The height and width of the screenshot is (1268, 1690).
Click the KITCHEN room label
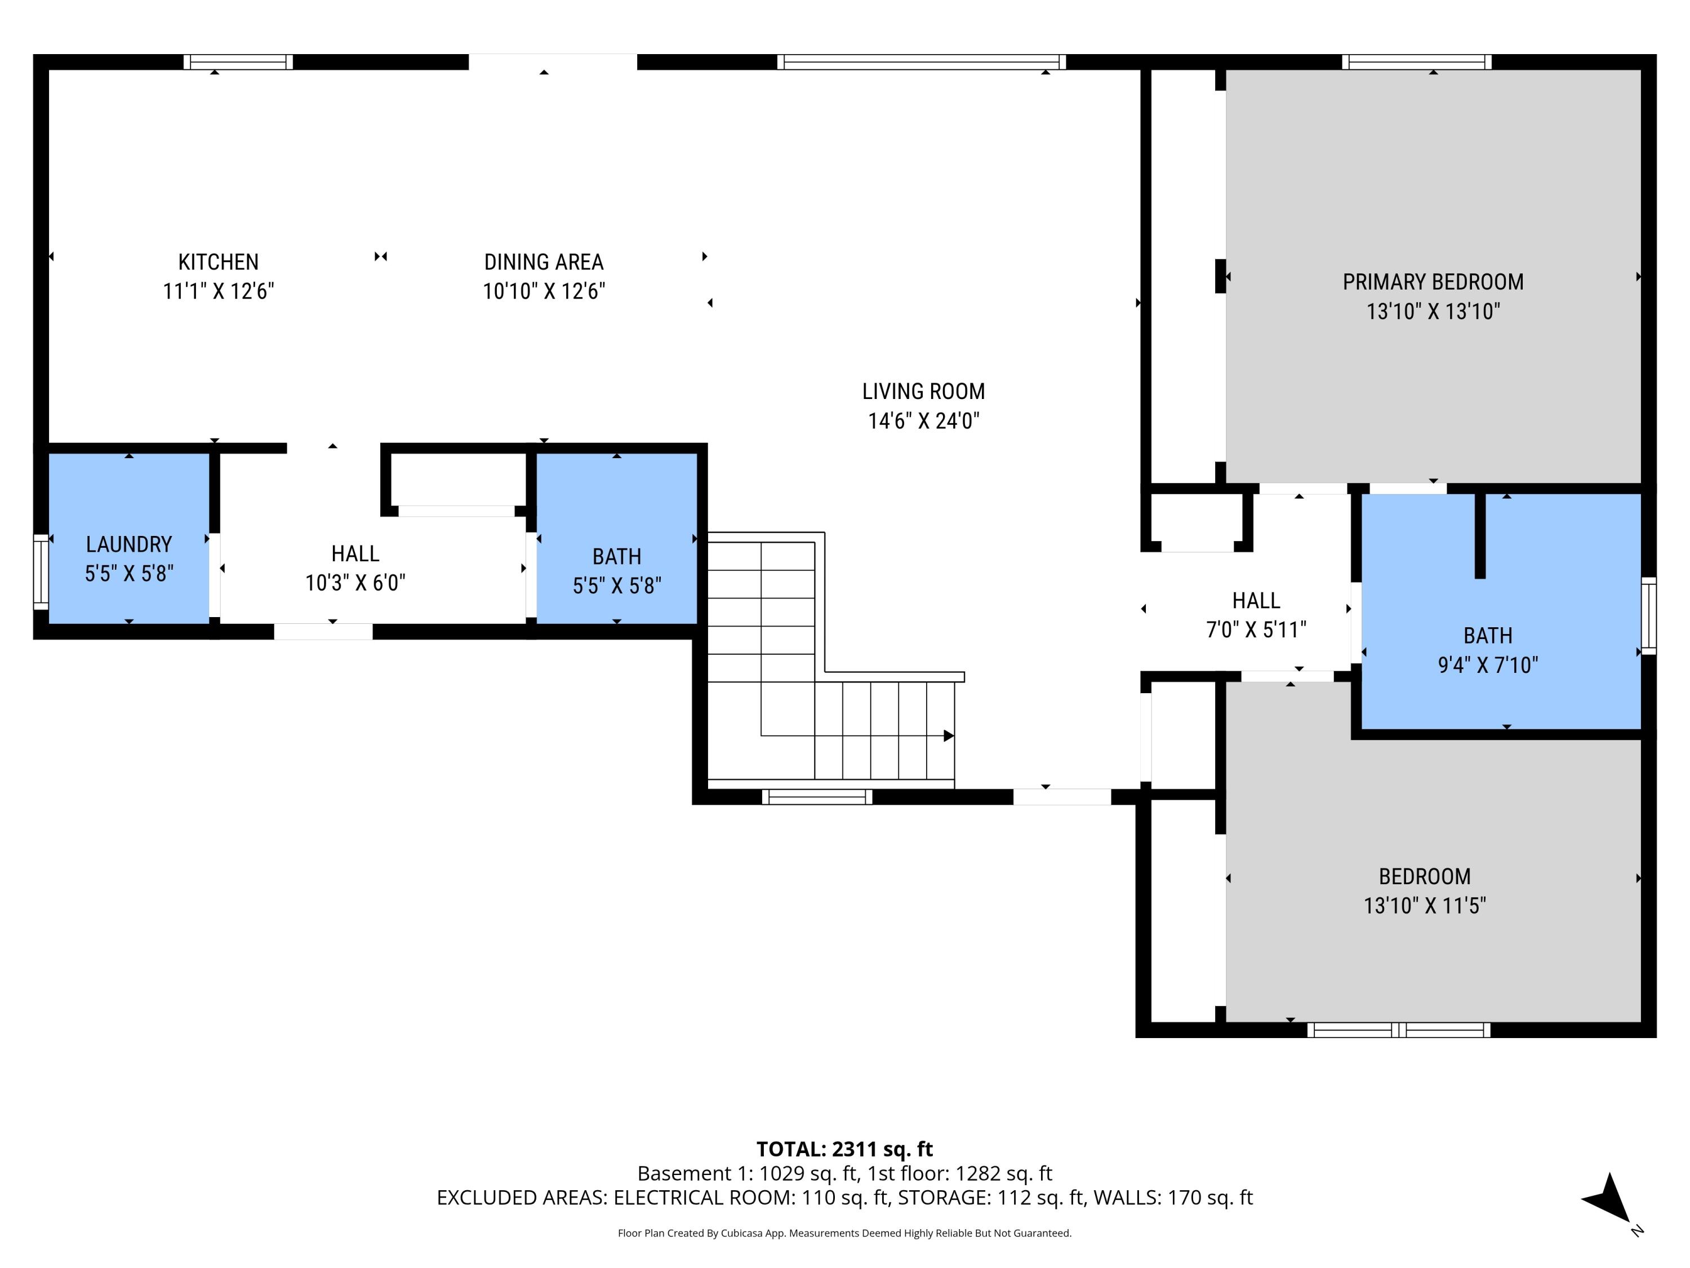[218, 262]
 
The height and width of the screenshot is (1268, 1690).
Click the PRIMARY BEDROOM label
[1433, 282]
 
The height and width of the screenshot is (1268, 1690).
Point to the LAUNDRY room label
[128, 544]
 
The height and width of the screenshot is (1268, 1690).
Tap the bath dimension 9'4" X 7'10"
[1488, 665]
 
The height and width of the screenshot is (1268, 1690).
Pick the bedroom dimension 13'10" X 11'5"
[1424, 906]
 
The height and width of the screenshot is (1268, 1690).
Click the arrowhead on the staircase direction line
[948, 736]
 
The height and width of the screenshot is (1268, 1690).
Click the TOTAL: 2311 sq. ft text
[844, 1149]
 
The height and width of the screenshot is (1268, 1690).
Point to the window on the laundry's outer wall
[41, 571]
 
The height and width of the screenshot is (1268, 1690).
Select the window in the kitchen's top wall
[238, 62]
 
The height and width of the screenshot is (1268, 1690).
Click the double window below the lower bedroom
[1398, 1030]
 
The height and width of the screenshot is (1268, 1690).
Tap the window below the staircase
[817, 796]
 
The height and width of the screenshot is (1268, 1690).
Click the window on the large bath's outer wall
[1649, 615]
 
